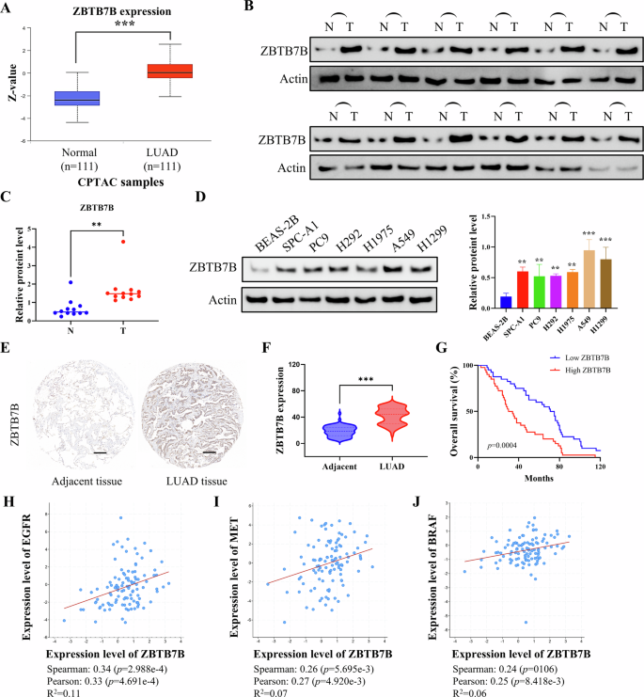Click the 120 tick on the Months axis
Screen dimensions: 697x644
click(x=598, y=467)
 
